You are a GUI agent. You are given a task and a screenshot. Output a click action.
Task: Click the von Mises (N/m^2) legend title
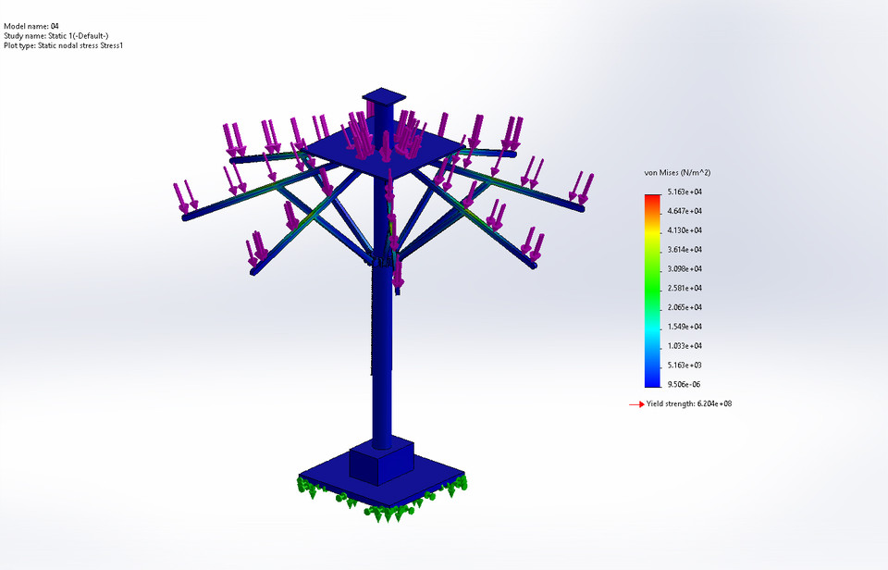pyautogui.click(x=676, y=173)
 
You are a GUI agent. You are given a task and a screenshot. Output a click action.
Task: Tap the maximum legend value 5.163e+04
pyautogui.click(x=684, y=192)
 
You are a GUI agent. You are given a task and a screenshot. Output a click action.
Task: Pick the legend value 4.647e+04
pyautogui.click(x=684, y=211)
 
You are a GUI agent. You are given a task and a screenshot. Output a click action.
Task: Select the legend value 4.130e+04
pyautogui.click(x=684, y=230)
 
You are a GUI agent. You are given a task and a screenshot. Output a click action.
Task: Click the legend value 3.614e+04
pyautogui.click(x=684, y=250)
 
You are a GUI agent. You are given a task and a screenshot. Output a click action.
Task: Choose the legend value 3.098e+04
pyautogui.click(x=684, y=268)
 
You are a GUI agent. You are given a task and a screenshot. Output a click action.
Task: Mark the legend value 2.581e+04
pyautogui.click(x=684, y=288)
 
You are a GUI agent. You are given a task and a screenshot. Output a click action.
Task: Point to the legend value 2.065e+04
pyautogui.click(x=684, y=307)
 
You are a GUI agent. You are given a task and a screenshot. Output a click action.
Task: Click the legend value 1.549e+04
pyautogui.click(x=684, y=327)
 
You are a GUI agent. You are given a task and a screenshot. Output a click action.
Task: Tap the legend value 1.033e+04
pyautogui.click(x=684, y=345)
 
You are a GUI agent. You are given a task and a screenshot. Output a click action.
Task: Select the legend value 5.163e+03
pyautogui.click(x=684, y=365)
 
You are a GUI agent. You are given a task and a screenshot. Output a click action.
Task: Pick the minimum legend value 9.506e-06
pyautogui.click(x=684, y=384)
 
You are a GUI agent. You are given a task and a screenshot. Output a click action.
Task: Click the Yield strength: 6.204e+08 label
pyautogui.click(x=690, y=403)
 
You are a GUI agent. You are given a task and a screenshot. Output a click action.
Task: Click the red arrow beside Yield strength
pyautogui.click(x=635, y=404)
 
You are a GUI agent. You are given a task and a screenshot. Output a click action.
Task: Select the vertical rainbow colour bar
pyautogui.click(x=653, y=288)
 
